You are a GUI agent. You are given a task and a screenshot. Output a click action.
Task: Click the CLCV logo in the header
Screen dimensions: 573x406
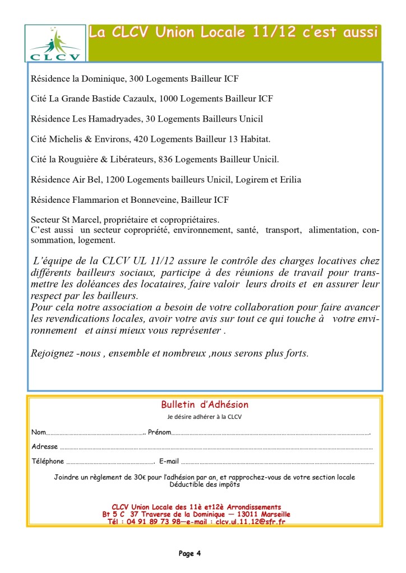(x=56, y=43)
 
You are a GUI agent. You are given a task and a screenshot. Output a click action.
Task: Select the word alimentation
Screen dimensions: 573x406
(x=333, y=230)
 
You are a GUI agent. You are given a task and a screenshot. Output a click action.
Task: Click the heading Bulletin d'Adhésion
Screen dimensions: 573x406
(x=205, y=404)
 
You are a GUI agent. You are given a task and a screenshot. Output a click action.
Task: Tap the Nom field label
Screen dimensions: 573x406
(x=38, y=433)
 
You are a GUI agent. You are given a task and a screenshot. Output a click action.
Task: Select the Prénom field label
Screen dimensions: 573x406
(x=159, y=433)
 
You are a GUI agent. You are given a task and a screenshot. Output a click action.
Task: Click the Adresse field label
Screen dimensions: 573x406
(x=45, y=446)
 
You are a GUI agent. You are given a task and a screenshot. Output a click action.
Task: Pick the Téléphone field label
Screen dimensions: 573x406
(x=48, y=461)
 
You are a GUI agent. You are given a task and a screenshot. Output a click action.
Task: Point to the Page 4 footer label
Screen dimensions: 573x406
(x=190, y=553)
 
